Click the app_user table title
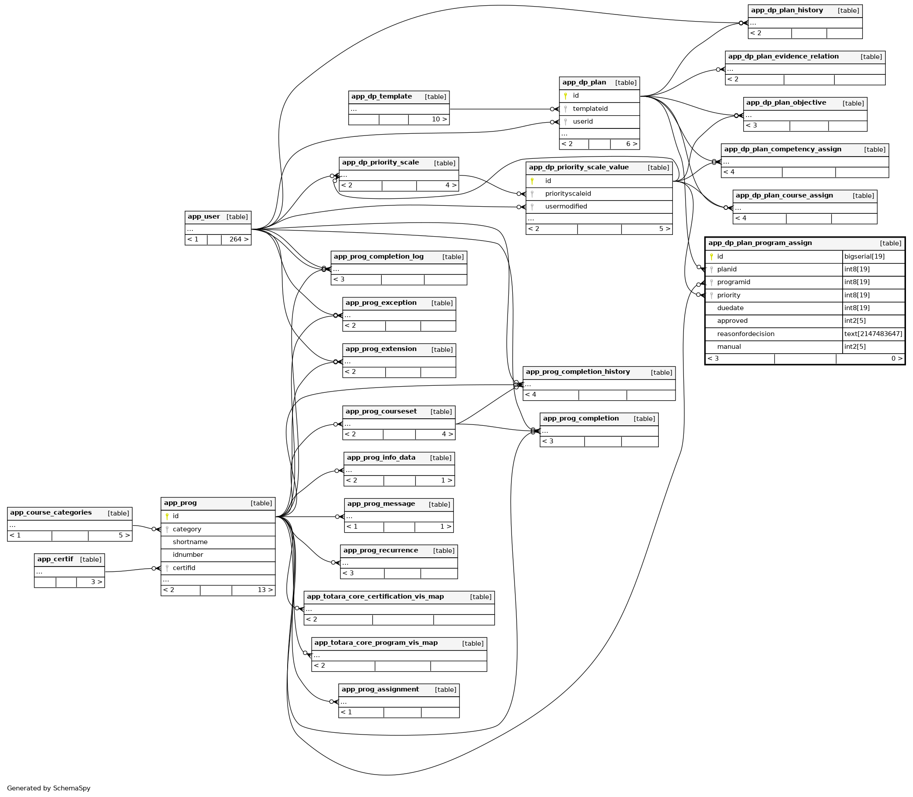(204, 217)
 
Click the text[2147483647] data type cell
(873, 334)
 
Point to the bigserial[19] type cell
(864, 256)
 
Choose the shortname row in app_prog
(190, 542)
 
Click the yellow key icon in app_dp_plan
(565, 96)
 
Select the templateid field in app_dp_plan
(590, 109)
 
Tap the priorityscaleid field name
(568, 194)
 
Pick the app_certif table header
(55, 559)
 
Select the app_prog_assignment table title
(380, 690)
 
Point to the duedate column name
(730, 308)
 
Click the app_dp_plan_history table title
(787, 11)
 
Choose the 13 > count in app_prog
(265, 590)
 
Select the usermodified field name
(566, 207)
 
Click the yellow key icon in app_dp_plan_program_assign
(711, 256)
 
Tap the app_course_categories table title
(51, 513)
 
